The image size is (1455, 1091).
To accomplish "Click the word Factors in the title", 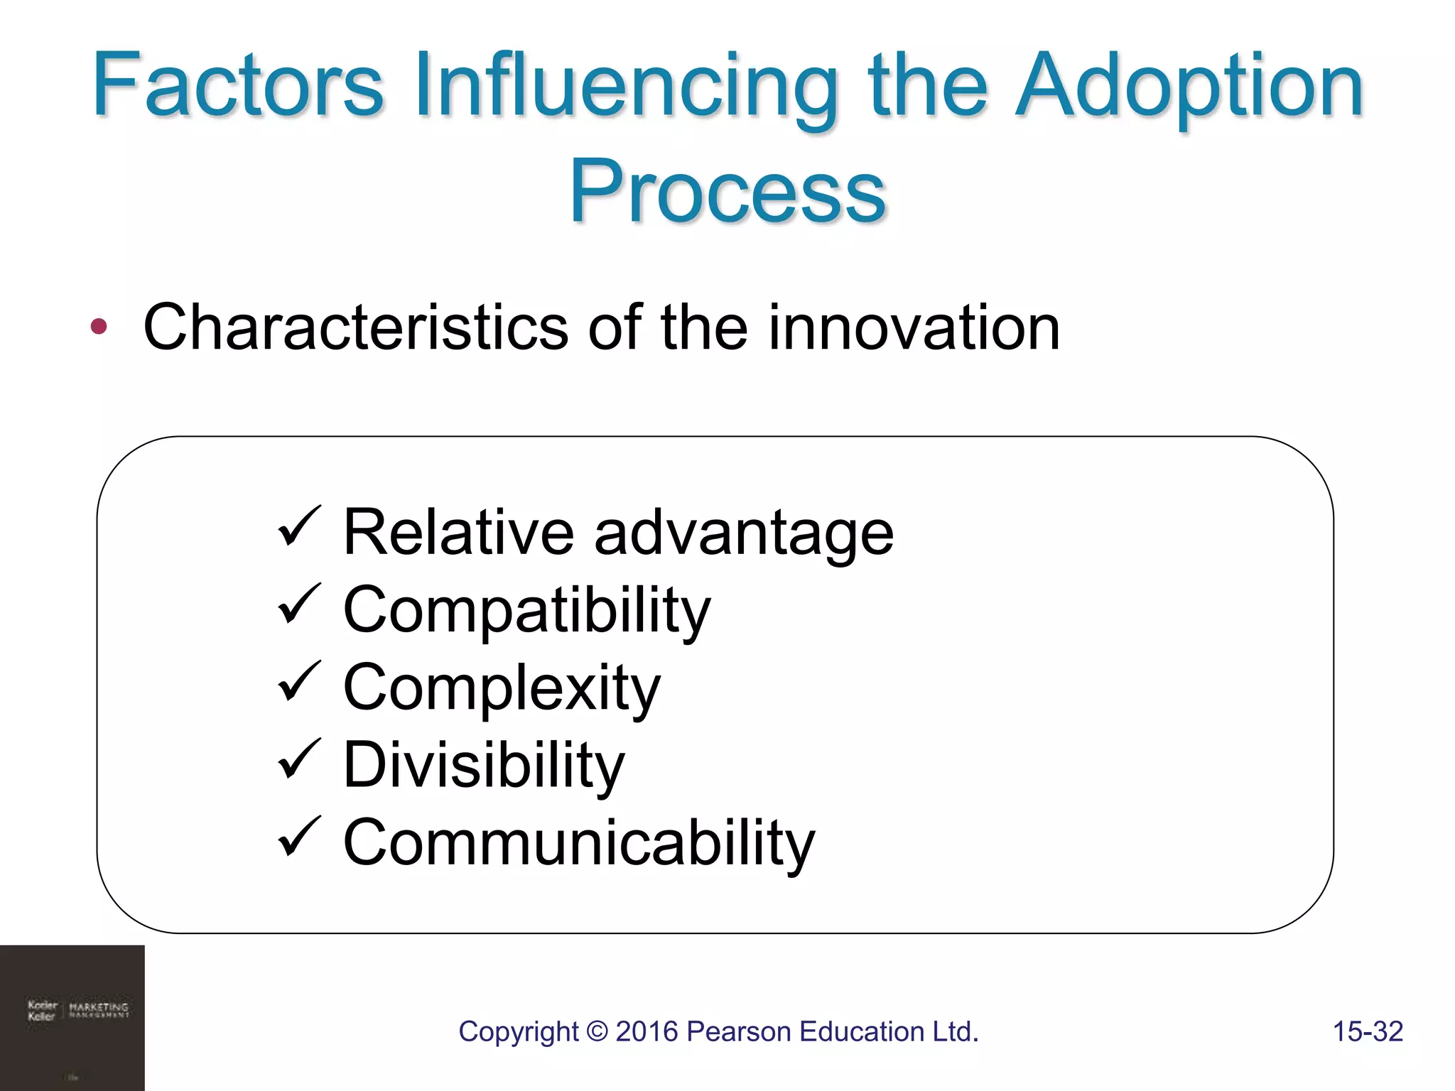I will [238, 85].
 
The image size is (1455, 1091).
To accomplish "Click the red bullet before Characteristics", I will [99, 327].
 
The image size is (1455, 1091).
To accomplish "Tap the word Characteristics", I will [355, 327].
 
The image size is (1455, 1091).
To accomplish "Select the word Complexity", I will [502, 688].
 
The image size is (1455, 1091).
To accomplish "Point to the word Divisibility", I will [483, 765].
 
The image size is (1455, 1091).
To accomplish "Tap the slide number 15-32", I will [1368, 1031].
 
